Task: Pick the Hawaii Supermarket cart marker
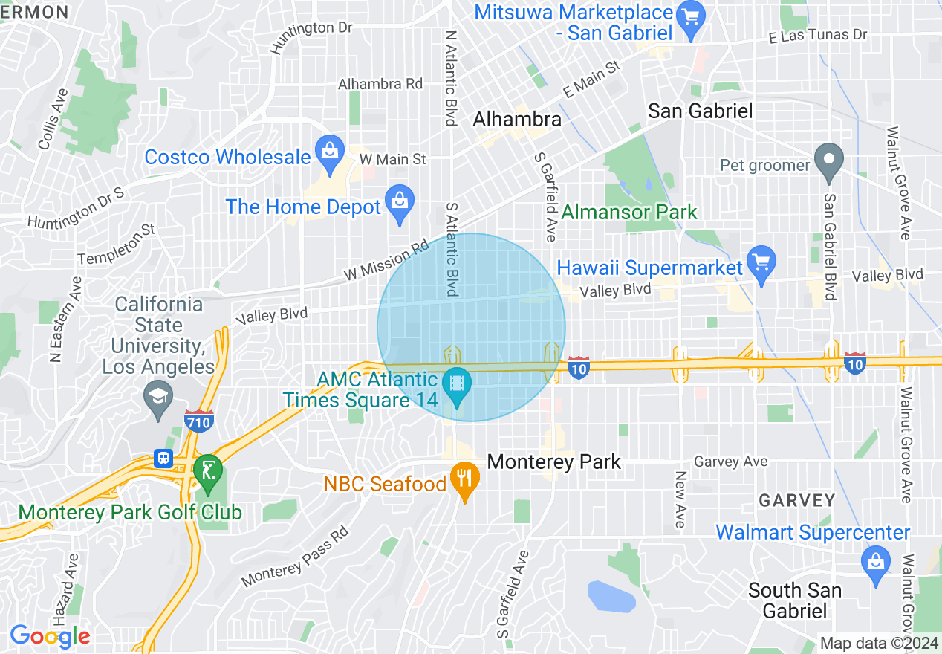761,263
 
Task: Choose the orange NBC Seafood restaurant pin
465,479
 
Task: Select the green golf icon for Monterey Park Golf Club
207,471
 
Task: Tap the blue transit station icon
163,459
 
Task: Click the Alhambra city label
517,119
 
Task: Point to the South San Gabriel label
794,600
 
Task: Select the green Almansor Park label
629,212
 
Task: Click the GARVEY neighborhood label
797,500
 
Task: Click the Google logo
50,636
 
